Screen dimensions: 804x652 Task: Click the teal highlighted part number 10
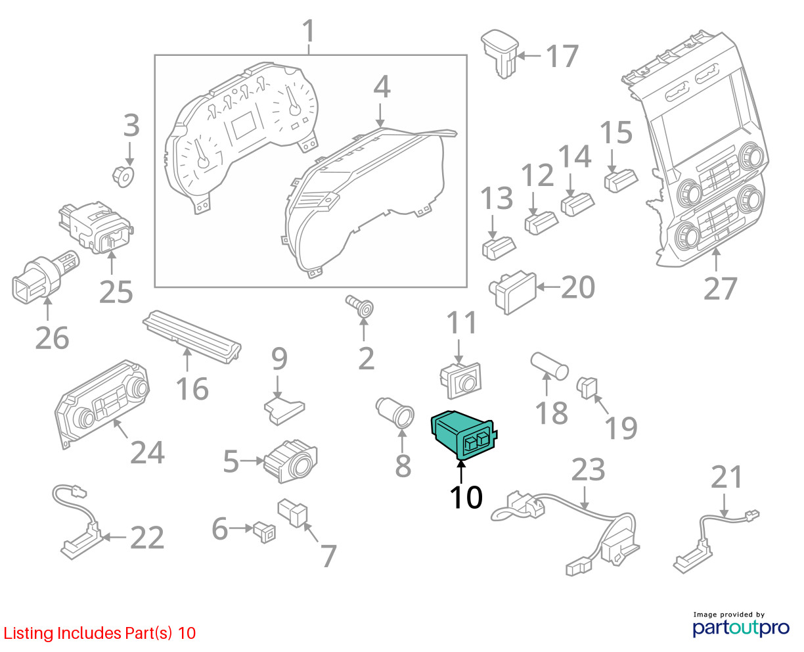click(x=463, y=435)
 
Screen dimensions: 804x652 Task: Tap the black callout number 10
click(x=466, y=497)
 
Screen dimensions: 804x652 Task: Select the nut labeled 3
click(x=123, y=176)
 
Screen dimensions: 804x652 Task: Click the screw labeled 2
click(x=360, y=306)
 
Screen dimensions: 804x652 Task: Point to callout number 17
click(x=562, y=56)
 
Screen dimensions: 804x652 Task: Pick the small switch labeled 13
click(x=499, y=248)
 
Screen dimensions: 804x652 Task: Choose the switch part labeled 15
click(x=621, y=181)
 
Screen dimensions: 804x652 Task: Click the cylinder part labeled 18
click(x=550, y=365)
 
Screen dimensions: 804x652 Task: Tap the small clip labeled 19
click(x=587, y=388)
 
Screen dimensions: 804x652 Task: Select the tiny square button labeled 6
click(x=265, y=532)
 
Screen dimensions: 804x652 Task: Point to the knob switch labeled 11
click(x=461, y=381)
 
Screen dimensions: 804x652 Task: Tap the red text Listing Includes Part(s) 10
click(x=100, y=633)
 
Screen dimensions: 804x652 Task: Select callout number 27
click(x=720, y=289)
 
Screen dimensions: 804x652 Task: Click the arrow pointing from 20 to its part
click(x=548, y=287)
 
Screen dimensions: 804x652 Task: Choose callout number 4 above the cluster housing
click(x=382, y=87)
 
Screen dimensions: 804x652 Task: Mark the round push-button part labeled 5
click(x=290, y=461)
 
